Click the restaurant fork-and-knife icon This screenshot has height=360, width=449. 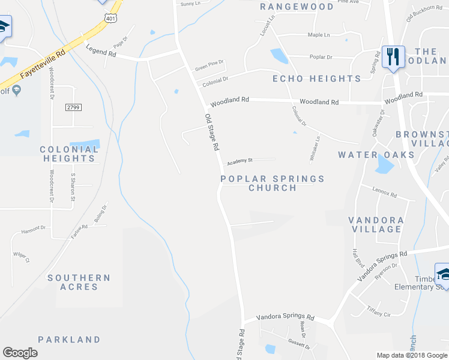coord(393,57)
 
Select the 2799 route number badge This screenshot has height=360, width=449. coord(74,107)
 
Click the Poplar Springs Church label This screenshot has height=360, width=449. coord(273,183)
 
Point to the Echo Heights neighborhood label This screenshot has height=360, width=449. coord(316,79)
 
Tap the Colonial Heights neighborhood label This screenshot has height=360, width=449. coord(69,154)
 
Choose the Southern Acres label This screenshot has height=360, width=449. coord(79,282)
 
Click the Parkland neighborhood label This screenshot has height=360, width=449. coord(69,340)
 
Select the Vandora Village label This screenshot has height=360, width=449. coord(375,224)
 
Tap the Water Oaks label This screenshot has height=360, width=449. coord(376,155)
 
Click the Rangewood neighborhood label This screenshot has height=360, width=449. coord(297,7)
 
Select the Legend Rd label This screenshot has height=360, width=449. coord(101,52)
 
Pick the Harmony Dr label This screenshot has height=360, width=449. coord(34,229)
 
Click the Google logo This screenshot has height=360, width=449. coord(20,353)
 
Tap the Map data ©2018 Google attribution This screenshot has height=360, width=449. coord(412,355)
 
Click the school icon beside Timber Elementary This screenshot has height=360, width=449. coord(442,274)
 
